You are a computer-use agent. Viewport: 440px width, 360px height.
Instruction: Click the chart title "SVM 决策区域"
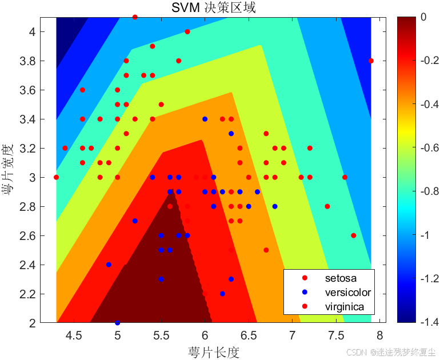click(x=214, y=7)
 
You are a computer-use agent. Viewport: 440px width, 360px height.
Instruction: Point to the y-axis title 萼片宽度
click(x=9, y=170)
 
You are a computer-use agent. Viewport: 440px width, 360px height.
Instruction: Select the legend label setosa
click(x=341, y=278)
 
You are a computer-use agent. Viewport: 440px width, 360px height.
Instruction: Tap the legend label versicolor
click(x=347, y=293)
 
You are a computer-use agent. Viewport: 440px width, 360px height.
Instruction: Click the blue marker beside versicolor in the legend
click(x=305, y=293)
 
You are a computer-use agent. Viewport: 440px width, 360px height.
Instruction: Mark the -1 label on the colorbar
click(x=422, y=235)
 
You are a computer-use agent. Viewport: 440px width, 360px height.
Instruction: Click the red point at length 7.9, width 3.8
click(x=371, y=61)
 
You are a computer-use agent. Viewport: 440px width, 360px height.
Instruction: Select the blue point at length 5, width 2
click(x=118, y=323)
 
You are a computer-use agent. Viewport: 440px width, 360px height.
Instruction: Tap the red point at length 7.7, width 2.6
click(x=354, y=235)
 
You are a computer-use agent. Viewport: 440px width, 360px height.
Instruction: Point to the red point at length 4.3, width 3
click(x=56, y=177)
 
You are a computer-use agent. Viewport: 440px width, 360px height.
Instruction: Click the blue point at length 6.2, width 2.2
click(x=222, y=294)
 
